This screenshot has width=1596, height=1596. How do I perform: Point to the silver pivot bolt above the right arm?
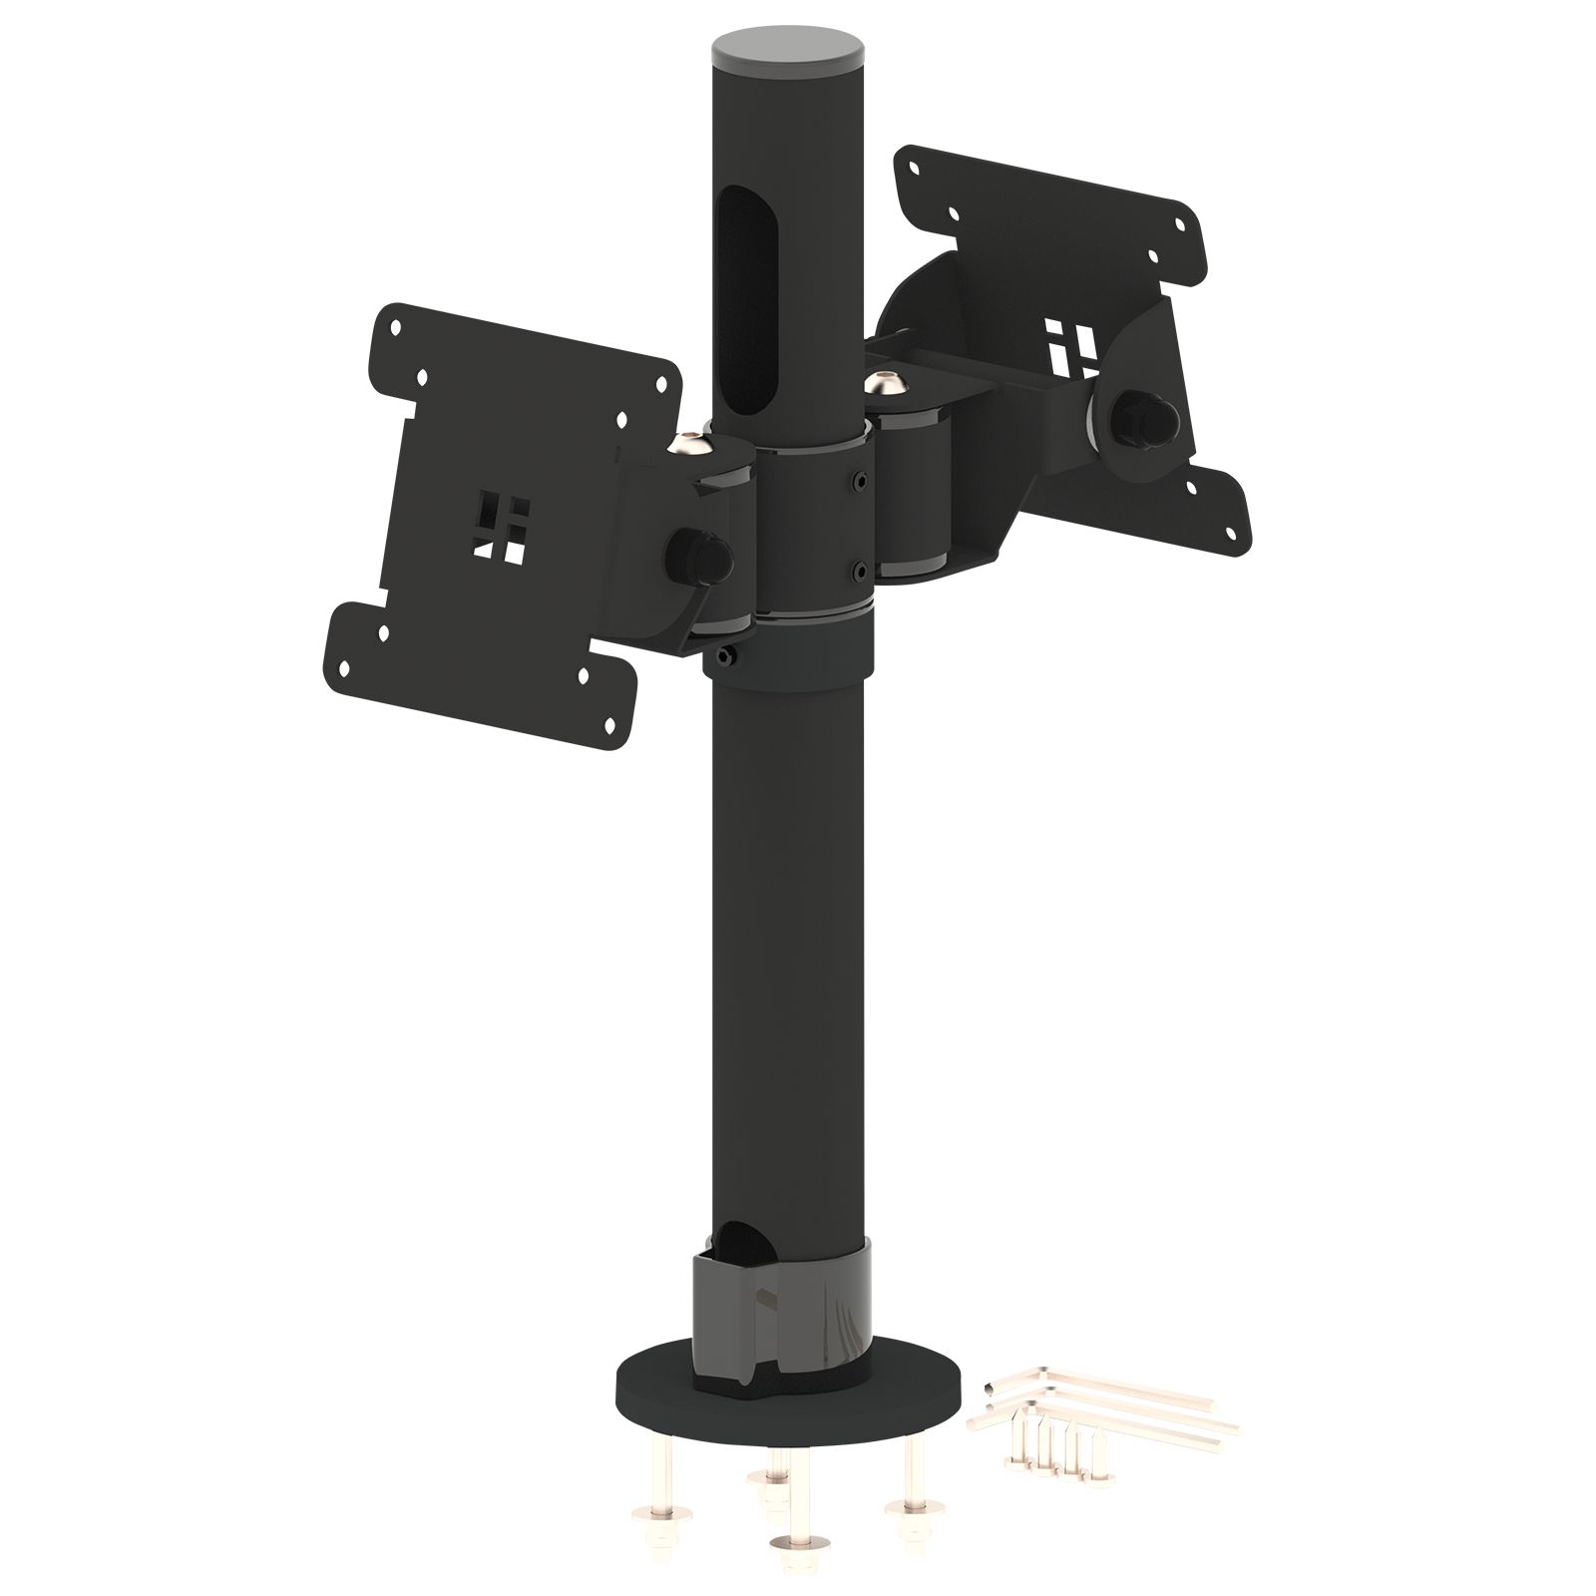[x=881, y=382]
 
